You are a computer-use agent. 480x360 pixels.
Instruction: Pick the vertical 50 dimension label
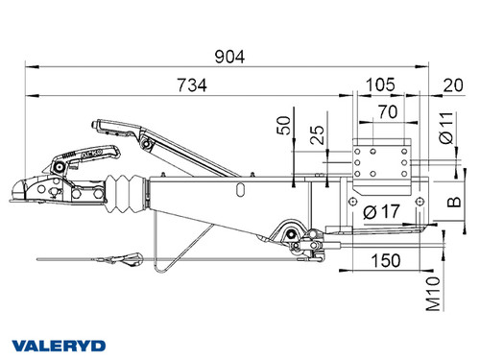(281, 127)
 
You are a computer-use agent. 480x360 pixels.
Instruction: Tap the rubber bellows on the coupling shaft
(125, 196)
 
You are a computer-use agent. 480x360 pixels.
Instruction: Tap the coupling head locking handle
(91, 154)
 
